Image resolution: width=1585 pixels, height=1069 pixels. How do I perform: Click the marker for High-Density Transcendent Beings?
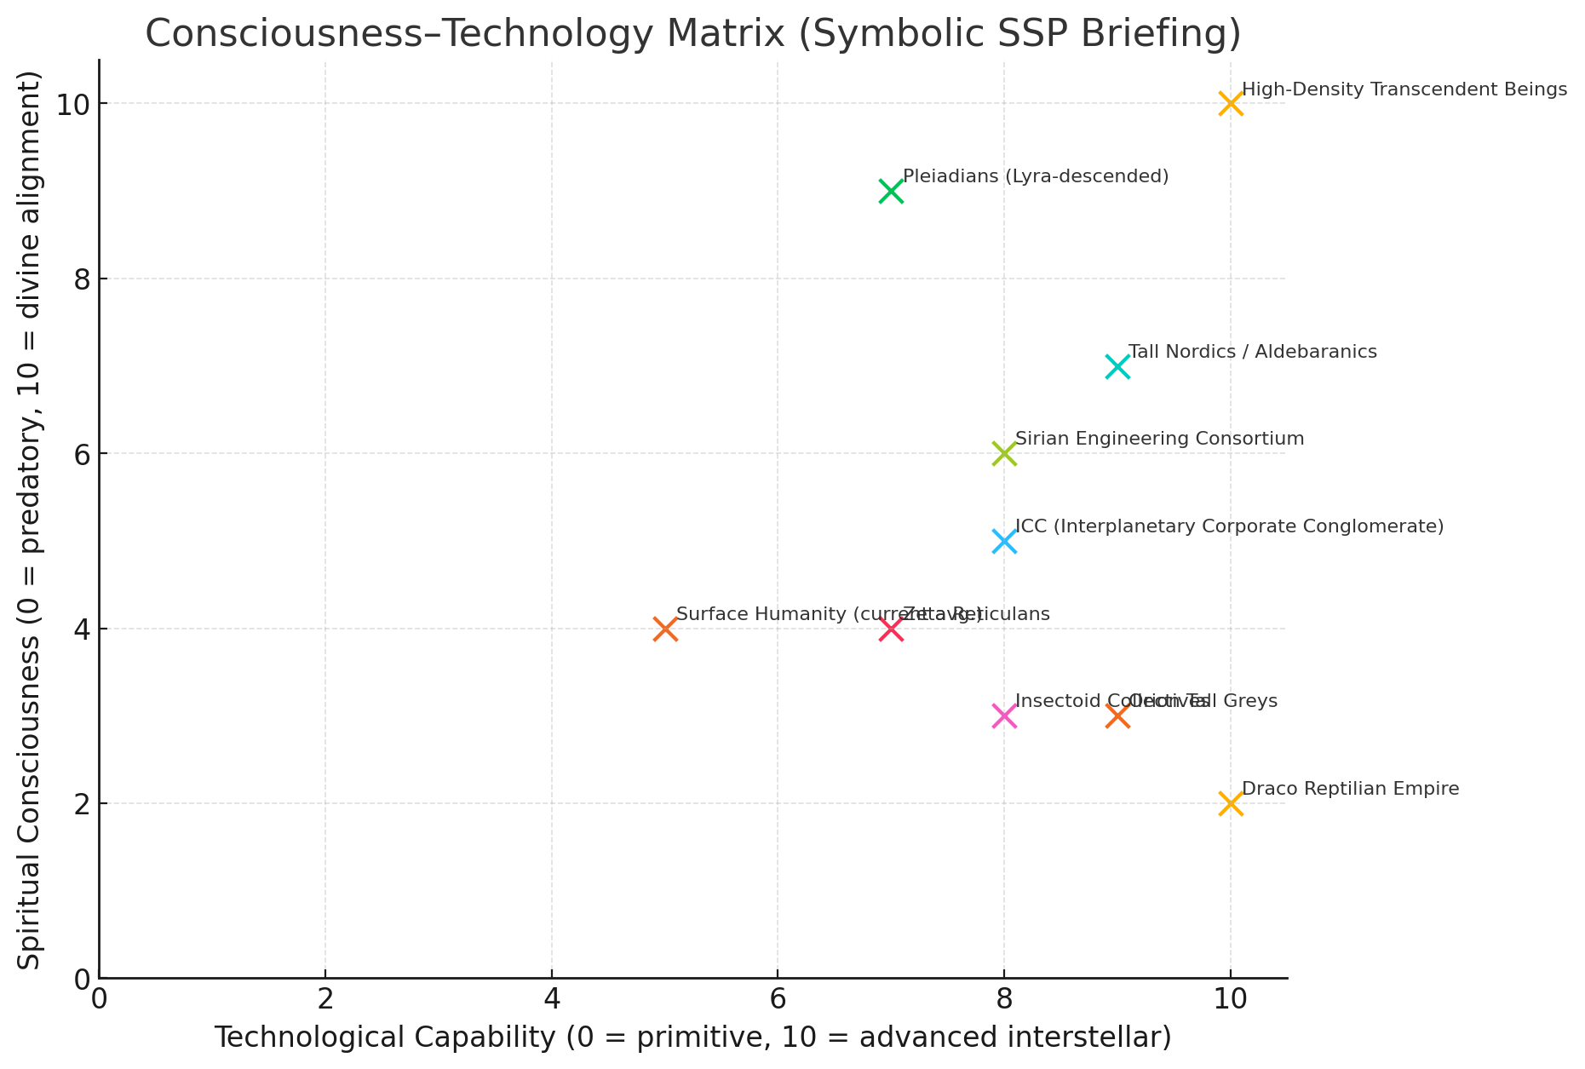[1230, 104]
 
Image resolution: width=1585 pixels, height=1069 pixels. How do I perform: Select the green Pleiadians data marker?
[891, 191]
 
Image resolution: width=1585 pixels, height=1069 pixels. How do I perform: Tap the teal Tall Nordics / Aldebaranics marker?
[1117, 366]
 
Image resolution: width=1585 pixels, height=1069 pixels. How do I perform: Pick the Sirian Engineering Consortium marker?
[1004, 453]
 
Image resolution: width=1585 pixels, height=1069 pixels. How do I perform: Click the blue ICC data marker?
[1004, 541]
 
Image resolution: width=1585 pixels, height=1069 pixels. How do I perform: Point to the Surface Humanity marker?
[665, 629]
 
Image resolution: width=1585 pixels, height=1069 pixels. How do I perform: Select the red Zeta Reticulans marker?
[891, 629]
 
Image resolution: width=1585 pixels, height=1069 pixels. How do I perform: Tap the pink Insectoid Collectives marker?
[1004, 716]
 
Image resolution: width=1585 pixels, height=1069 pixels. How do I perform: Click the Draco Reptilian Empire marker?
[1230, 803]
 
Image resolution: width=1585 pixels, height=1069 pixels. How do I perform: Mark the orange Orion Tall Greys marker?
[1117, 716]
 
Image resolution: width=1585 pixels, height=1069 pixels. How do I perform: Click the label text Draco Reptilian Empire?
[1350, 789]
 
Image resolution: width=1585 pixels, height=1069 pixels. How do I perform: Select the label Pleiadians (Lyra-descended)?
[1035, 176]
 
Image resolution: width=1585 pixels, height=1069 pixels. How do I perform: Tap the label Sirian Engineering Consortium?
[1159, 439]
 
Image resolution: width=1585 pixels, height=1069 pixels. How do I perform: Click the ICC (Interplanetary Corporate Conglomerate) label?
[1229, 526]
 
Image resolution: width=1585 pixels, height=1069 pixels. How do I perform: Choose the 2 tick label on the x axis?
[325, 997]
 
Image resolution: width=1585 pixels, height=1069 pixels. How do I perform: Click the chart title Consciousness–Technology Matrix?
[692, 34]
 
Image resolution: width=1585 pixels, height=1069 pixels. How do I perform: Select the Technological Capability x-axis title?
[692, 1037]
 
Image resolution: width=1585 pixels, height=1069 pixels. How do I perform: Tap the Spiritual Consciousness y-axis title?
[30, 520]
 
